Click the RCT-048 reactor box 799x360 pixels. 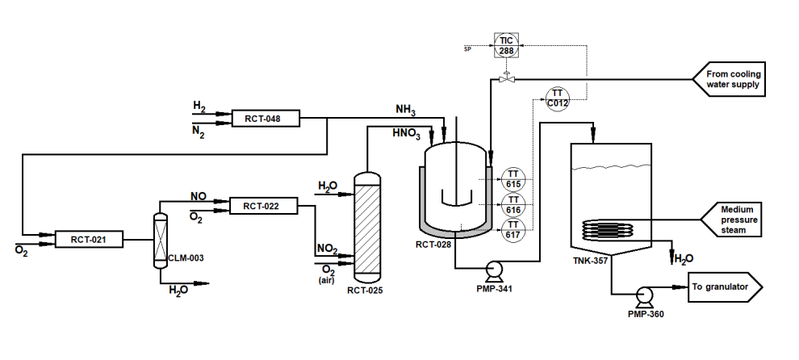tap(264, 119)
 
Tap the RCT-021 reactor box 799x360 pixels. tap(89, 239)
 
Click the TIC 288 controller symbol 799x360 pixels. tap(506, 45)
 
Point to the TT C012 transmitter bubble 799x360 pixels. tap(558, 98)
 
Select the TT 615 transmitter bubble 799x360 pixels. tap(512, 178)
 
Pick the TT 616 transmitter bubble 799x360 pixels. tap(512, 203)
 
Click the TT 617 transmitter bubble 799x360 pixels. tap(512, 228)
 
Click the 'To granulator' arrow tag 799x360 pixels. tap(723, 286)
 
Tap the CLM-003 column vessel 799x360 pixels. tap(160, 240)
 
